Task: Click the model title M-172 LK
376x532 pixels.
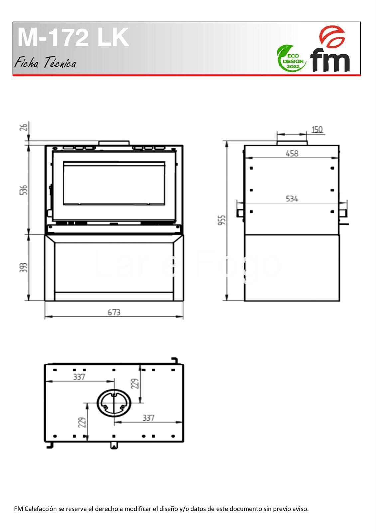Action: click(x=73, y=37)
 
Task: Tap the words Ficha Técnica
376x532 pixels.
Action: click(x=45, y=63)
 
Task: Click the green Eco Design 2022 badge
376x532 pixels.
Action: click(x=291, y=59)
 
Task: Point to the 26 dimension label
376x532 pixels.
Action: click(x=24, y=127)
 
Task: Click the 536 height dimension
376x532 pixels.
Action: click(x=23, y=190)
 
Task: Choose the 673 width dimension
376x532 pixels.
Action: click(x=114, y=312)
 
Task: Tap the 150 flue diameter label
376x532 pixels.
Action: click(x=317, y=130)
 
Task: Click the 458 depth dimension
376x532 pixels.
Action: click(x=292, y=153)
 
